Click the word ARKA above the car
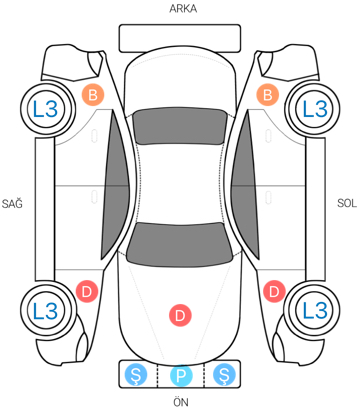[x=183, y=8]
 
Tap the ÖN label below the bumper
[x=180, y=401]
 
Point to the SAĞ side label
[x=12, y=203]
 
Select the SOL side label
[x=347, y=203]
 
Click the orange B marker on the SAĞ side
[x=93, y=95]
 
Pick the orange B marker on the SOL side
[x=267, y=95]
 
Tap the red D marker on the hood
[x=180, y=315]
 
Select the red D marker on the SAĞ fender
[x=87, y=292]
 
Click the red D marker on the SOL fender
[x=274, y=292]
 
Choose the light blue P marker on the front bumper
[x=181, y=375]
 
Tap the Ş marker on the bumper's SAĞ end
[x=136, y=375]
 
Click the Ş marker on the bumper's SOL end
[x=224, y=375]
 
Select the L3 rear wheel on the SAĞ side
[x=46, y=109]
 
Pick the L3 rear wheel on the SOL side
[x=314, y=109]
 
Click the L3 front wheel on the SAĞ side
[x=46, y=310]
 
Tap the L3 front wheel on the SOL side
[x=314, y=310]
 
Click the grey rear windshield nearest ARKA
[x=179, y=126]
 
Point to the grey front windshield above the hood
[x=179, y=244]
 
